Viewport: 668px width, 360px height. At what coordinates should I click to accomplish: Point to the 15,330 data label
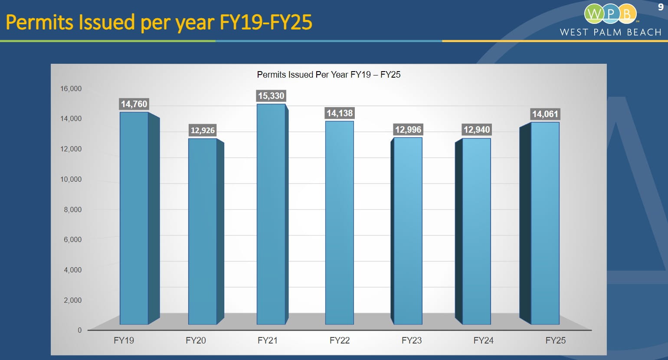click(x=271, y=96)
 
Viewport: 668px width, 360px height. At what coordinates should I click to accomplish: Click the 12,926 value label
click(x=203, y=131)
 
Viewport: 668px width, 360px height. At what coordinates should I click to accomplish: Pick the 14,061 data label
click(x=545, y=114)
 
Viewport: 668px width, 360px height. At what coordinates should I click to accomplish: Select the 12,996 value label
click(x=408, y=130)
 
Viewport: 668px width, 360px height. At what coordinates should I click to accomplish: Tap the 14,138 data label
click(x=340, y=113)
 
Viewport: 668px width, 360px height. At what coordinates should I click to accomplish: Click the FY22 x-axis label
click(x=340, y=340)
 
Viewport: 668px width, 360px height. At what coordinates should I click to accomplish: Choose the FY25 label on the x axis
click(x=556, y=340)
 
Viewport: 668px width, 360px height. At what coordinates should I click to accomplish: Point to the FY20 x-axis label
click(x=196, y=340)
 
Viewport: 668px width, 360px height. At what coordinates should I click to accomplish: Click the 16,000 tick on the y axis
click(x=71, y=88)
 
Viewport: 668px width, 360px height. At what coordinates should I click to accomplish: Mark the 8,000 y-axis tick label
click(x=72, y=209)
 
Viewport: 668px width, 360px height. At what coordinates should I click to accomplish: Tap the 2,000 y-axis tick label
click(x=72, y=300)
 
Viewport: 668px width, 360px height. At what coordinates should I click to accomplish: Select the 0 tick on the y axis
click(x=79, y=330)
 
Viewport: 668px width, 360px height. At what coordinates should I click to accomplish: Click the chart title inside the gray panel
click(x=329, y=75)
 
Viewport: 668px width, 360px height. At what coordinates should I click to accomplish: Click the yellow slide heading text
click(x=159, y=22)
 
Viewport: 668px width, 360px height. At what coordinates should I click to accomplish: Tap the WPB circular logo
click(x=610, y=14)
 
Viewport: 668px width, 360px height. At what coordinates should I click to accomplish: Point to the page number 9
click(x=661, y=7)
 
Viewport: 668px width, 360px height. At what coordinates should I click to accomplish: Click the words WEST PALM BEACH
click(x=610, y=33)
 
